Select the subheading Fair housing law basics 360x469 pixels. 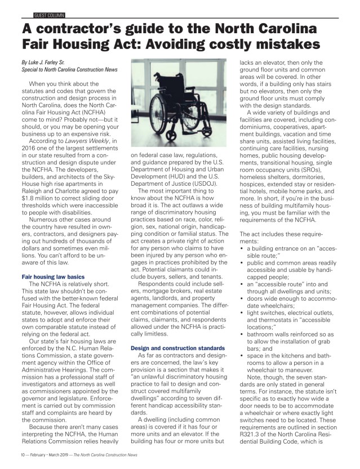(52, 277)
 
